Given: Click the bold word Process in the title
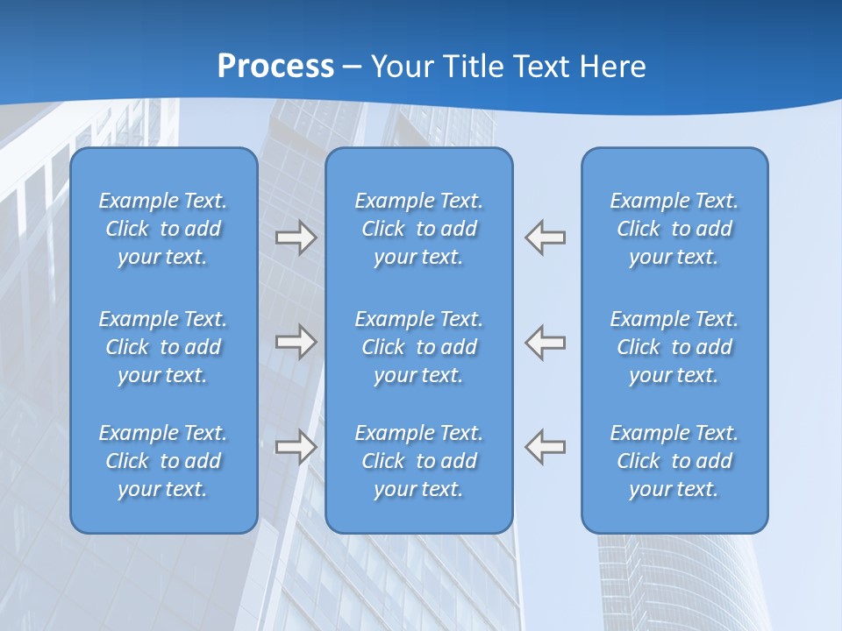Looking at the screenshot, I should point(275,67).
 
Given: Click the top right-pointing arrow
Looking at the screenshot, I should point(296,238).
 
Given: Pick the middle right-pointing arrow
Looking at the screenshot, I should point(296,341).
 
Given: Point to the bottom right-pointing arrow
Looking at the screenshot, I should point(296,446).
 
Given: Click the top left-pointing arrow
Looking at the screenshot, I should point(546,238).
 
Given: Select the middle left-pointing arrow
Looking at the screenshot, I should point(546,341).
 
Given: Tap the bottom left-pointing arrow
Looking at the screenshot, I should point(546,446).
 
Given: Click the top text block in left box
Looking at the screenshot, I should point(163,229).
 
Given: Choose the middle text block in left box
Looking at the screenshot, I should point(163,347).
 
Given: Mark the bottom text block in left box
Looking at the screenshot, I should point(163,461).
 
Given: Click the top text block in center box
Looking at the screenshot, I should point(418,229).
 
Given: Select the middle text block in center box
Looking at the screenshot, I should point(418,347).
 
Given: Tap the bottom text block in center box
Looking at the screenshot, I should point(418,461).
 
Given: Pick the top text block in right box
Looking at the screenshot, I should point(674,229).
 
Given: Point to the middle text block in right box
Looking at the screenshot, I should point(674,347).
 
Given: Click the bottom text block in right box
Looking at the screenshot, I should point(674,461).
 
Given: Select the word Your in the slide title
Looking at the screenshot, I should point(402,67).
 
